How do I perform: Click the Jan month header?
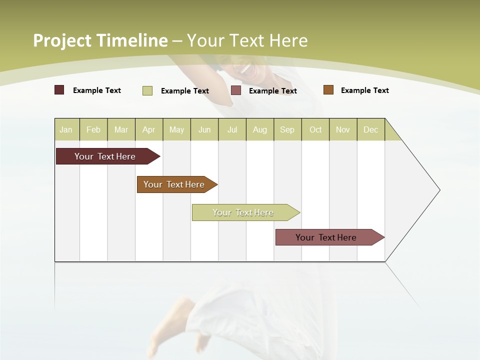point(66,130)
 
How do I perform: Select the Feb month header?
point(93,130)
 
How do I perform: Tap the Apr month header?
point(149,130)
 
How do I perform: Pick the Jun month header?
point(204,130)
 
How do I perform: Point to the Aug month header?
point(260,130)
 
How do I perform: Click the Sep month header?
point(287,130)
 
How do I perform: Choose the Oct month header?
point(315,130)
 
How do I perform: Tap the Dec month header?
point(371,130)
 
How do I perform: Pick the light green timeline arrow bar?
point(243,212)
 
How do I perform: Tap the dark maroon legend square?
point(59,90)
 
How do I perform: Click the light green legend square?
point(147,90)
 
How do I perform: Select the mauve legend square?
point(236,90)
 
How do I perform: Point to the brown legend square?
point(328,90)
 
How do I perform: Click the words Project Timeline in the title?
point(100,40)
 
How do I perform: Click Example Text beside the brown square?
point(364,90)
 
